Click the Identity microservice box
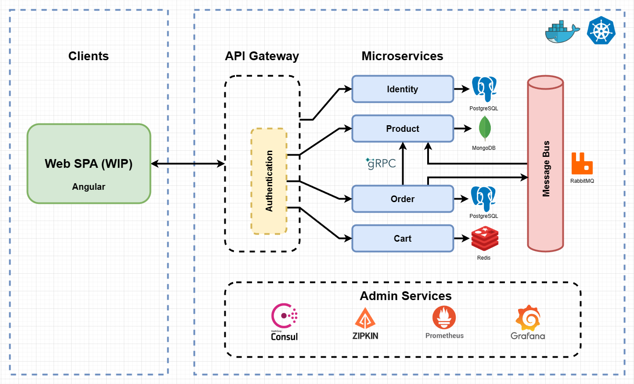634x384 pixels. pyautogui.click(x=403, y=89)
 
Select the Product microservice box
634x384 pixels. pyautogui.click(x=403, y=129)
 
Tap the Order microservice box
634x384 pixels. pyautogui.click(x=403, y=199)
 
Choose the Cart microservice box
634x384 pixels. pyautogui.click(x=403, y=239)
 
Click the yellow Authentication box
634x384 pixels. pyautogui.click(x=269, y=181)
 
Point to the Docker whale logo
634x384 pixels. pyautogui.click(x=562, y=32)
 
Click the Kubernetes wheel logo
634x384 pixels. pyautogui.click(x=601, y=30)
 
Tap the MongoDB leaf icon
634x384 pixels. pyautogui.click(x=484, y=128)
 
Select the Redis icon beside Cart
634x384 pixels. pyautogui.click(x=485, y=239)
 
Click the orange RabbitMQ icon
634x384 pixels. pyautogui.click(x=582, y=163)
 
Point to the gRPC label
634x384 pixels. pyautogui.click(x=381, y=163)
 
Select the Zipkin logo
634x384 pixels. pyautogui.click(x=365, y=323)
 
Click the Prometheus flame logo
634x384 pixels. pyautogui.click(x=444, y=318)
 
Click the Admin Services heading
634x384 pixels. pyautogui.click(x=406, y=296)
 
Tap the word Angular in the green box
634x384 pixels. pyautogui.click(x=89, y=187)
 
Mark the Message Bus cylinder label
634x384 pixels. pyautogui.click(x=546, y=169)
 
